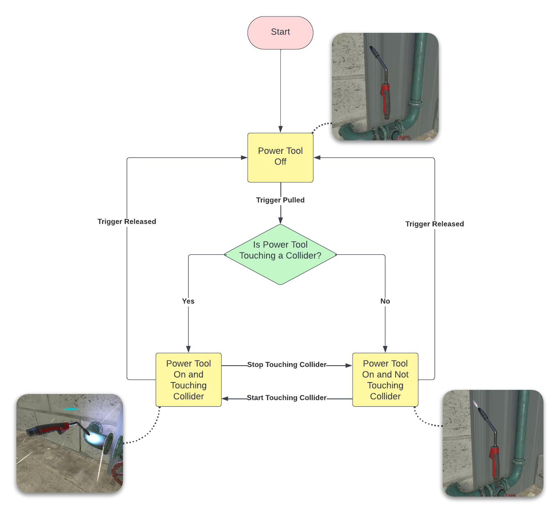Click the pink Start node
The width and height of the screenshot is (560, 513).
point(280,32)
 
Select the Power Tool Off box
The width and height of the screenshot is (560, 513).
point(280,157)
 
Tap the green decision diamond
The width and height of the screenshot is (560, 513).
point(280,254)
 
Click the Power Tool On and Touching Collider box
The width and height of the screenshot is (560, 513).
point(189,380)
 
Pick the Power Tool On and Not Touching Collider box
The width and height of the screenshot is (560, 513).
point(385,380)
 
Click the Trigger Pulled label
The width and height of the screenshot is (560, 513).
point(280,200)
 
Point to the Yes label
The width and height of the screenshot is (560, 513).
point(188,301)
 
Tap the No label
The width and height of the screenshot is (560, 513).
point(385,301)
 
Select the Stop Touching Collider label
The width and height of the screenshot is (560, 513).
point(287,364)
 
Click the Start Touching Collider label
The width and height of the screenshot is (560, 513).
point(287,398)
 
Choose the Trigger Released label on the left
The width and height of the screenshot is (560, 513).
point(127,221)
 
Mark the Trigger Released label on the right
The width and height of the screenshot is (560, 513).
point(435,224)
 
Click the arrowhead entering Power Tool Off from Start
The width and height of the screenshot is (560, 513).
point(280,129)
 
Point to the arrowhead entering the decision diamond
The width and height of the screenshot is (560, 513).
point(280,220)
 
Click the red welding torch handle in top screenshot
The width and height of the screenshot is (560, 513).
point(385,98)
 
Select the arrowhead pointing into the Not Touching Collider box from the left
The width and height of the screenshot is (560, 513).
point(348,365)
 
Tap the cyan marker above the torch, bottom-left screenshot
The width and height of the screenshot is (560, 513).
point(71,409)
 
